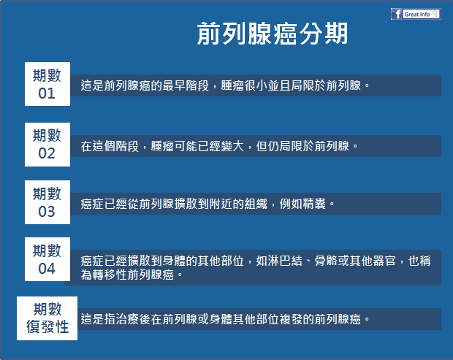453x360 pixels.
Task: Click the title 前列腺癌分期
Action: coord(273,34)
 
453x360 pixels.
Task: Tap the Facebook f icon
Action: coord(397,14)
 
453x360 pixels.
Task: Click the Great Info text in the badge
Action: coord(417,14)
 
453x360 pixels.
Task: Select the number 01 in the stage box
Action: coord(47,93)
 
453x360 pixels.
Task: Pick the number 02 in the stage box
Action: coord(47,153)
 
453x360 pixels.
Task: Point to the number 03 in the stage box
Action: coord(47,212)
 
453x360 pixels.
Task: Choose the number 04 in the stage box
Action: coord(47,269)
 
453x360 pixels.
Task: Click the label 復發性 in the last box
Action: coord(47,327)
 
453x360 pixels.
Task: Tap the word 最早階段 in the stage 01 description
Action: coord(186,85)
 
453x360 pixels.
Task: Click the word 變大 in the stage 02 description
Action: coord(232,146)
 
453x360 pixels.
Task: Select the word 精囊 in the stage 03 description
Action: coord(314,204)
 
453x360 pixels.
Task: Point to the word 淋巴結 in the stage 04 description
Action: coord(285,261)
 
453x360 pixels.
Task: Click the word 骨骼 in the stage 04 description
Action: coord(326,261)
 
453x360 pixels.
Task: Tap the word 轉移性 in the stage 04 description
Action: coord(110,275)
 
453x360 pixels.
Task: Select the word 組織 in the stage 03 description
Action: coord(256,204)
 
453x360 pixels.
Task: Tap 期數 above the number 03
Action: coord(47,194)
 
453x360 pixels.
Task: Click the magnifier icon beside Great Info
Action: coord(435,14)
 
